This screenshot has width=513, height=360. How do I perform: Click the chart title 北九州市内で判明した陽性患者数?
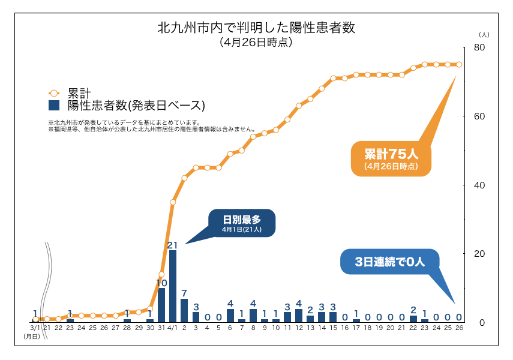pyautogui.click(x=256, y=28)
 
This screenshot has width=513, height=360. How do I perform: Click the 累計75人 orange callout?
pyautogui.click(x=391, y=159)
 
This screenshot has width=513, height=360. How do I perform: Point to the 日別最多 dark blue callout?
pyautogui.click(x=242, y=223)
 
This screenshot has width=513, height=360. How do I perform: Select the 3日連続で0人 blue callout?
pyautogui.click(x=389, y=262)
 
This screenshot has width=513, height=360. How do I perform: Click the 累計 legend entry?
pyautogui.click(x=79, y=93)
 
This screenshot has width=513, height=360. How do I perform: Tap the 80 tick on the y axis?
pyautogui.click(x=479, y=47)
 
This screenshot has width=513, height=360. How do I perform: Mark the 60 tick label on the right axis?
pyautogui.click(x=479, y=116)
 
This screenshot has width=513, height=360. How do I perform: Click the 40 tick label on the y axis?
pyautogui.click(x=479, y=185)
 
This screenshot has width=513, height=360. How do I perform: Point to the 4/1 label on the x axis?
pyautogui.click(x=172, y=328)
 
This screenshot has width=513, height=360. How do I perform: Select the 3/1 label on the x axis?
pyautogui.click(x=35, y=328)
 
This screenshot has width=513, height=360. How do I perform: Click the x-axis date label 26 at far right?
pyautogui.click(x=459, y=328)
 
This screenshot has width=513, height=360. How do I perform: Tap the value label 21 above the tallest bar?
pyautogui.click(x=173, y=245)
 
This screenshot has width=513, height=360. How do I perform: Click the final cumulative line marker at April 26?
pyautogui.click(x=459, y=64)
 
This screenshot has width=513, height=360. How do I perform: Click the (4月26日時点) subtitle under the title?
pyautogui.click(x=256, y=43)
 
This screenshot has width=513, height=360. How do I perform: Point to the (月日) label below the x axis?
pyautogui.click(x=32, y=337)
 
